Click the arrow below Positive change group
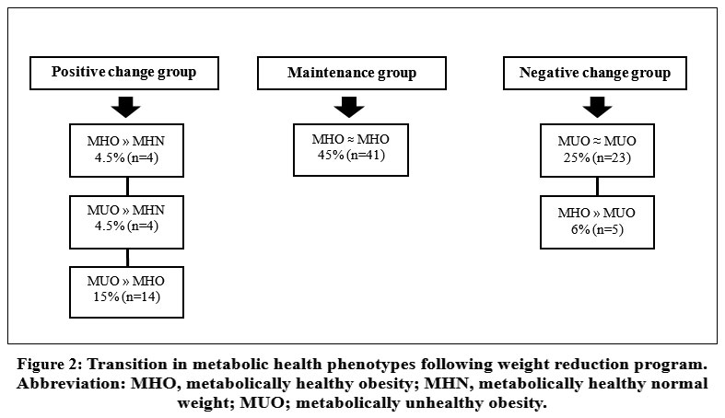tap(126, 107)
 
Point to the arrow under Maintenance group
tap(349, 107)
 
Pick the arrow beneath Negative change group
tap(597, 107)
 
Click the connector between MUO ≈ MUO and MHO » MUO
tap(597, 187)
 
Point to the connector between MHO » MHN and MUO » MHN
tap(127, 187)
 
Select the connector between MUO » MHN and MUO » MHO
tap(127, 258)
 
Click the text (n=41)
tap(367, 155)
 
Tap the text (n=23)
tap(613, 158)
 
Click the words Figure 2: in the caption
tap(49, 365)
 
